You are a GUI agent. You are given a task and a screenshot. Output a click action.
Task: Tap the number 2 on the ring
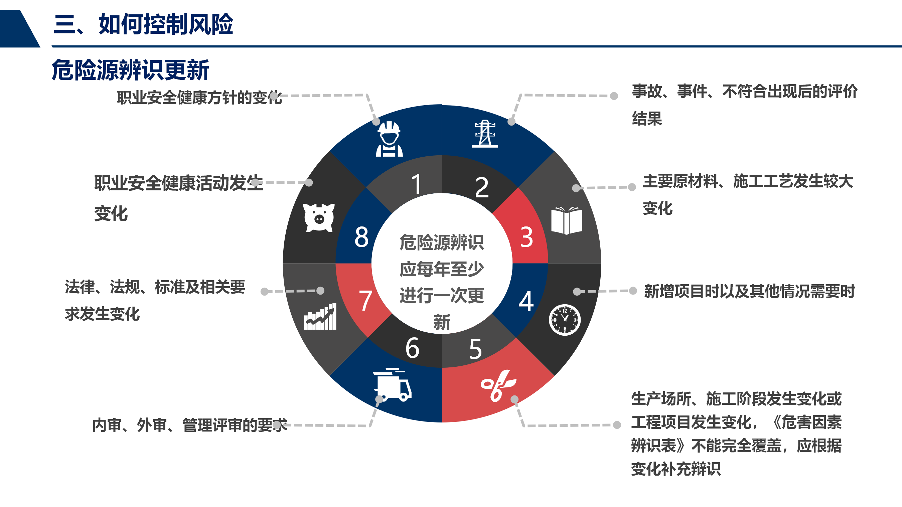[x=482, y=187]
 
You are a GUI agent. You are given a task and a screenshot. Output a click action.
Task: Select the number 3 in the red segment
[x=526, y=237]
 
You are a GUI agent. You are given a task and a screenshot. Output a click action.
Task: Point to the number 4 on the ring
[x=526, y=301]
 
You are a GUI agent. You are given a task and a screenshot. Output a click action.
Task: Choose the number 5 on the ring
[x=475, y=349]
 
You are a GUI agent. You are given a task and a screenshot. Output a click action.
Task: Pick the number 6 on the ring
[x=412, y=348]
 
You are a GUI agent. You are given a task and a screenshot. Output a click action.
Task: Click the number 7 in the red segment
[x=365, y=300]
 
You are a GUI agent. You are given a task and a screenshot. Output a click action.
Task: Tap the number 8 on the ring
[x=361, y=237]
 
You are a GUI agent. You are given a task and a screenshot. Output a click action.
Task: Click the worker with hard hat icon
[x=389, y=139]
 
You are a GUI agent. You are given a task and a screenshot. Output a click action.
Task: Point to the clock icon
[x=565, y=320]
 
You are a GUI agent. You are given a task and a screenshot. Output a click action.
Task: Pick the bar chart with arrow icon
[x=320, y=317]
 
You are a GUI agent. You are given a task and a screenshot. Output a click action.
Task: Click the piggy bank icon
[x=319, y=217]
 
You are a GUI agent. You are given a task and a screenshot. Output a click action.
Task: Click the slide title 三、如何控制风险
[x=143, y=24]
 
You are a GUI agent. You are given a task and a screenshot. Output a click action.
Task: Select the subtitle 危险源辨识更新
[x=130, y=70]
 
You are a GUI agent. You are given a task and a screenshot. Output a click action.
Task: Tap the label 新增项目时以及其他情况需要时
[x=749, y=291]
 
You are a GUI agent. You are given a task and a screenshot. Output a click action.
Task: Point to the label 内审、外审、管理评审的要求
[x=189, y=426]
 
